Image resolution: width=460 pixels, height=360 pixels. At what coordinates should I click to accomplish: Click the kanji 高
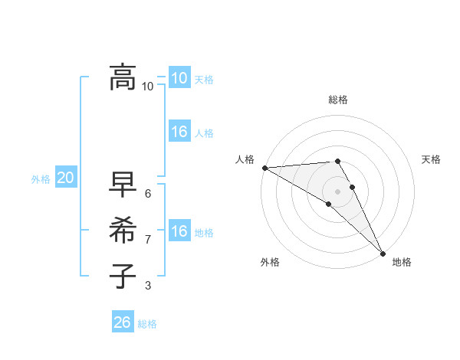click(x=123, y=77)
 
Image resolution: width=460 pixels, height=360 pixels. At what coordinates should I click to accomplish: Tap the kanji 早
click(x=123, y=184)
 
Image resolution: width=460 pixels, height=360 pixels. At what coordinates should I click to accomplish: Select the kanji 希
click(x=123, y=230)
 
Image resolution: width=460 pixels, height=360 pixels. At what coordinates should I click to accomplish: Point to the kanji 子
click(x=123, y=276)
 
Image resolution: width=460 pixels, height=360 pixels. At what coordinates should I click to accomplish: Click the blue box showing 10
click(x=179, y=77)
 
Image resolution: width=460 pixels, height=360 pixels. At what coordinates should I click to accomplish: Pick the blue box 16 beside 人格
click(x=179, y=132)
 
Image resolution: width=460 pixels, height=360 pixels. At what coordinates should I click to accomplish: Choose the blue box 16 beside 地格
click(x=179, y=231)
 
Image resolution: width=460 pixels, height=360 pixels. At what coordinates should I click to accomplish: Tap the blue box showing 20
click(x=65, y=178)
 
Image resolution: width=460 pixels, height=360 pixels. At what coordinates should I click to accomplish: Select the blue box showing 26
click(x=122, y=322)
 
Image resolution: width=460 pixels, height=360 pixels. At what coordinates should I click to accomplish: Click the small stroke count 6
click(x=148, y=193)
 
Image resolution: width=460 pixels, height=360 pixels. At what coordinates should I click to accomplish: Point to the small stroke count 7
click(x=148, y=240)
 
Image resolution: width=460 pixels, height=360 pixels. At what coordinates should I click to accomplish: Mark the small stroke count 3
click(x=148, y=286)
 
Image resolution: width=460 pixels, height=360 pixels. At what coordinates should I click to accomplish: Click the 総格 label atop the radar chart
click(x=338, y=100)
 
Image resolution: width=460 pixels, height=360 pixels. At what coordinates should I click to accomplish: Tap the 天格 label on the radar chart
click(x=431, y=159)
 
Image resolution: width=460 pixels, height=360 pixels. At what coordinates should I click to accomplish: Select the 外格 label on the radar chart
click(x=270, y=263)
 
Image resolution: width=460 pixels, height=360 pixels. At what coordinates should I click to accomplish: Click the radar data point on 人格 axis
click(x=264, y=168)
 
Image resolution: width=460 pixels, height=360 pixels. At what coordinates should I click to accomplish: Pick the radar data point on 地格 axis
click(x=383, y=253)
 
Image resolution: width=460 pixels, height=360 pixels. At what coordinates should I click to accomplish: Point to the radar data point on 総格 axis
click(x=337, y=161)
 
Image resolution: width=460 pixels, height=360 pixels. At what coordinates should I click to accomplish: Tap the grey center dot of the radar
click(x=337, y=191)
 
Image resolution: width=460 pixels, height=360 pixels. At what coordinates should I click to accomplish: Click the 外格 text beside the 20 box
click(x=41, y=179)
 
